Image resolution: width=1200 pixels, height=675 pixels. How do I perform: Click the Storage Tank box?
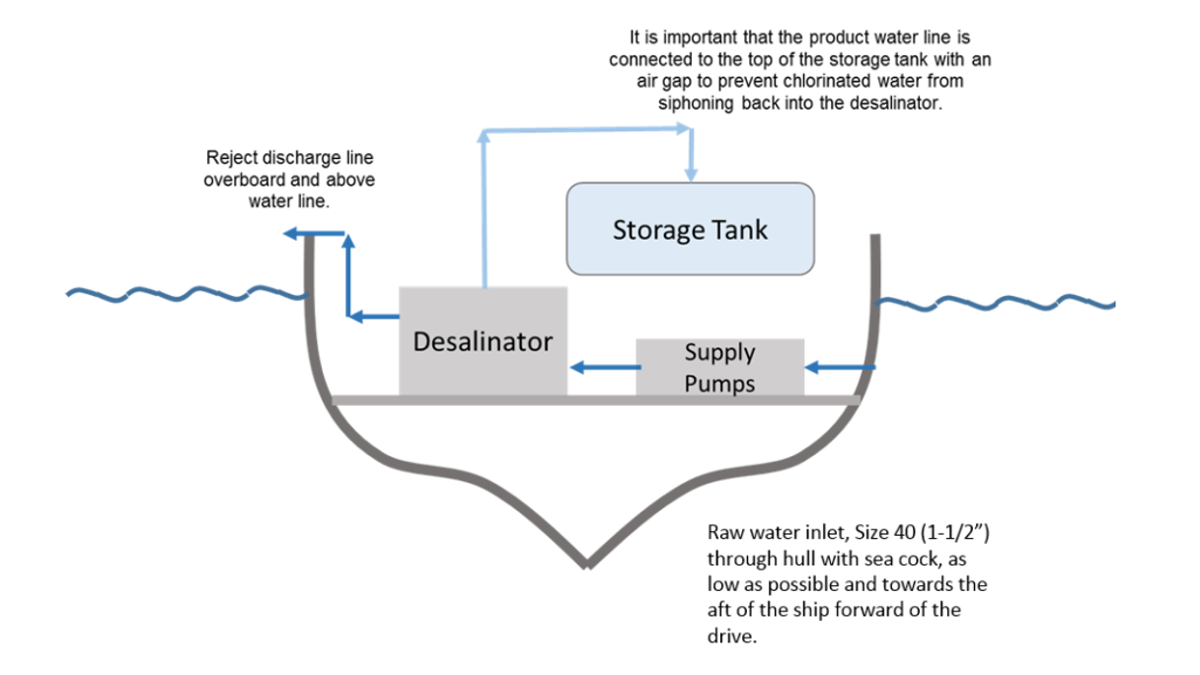690,229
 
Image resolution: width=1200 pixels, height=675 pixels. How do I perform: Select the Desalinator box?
483,341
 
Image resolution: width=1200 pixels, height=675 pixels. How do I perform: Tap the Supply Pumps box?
719,367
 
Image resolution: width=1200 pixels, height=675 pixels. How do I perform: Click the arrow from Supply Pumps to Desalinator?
603,368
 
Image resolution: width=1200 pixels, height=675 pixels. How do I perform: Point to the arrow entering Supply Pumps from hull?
839,368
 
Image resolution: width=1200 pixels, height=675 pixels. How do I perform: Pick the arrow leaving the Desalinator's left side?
375,316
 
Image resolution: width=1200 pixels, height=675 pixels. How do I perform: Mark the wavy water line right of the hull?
997,302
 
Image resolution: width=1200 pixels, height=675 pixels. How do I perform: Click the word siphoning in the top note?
692,104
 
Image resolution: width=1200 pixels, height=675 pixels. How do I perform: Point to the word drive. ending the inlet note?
732,637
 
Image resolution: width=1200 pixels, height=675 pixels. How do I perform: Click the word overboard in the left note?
243,181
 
